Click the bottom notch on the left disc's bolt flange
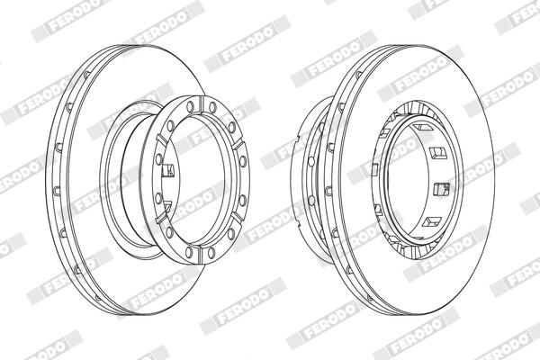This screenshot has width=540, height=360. coord(201,253)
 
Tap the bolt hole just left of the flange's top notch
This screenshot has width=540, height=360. coord(190,106)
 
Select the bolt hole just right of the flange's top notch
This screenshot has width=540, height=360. coord(212,107)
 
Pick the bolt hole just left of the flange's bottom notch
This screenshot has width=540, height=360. coord(189,252)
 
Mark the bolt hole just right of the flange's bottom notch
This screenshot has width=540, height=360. coord(211,253)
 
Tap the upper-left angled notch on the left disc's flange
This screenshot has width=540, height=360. coord(161,139)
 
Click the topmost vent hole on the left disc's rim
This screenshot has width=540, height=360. coord(86,75)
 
